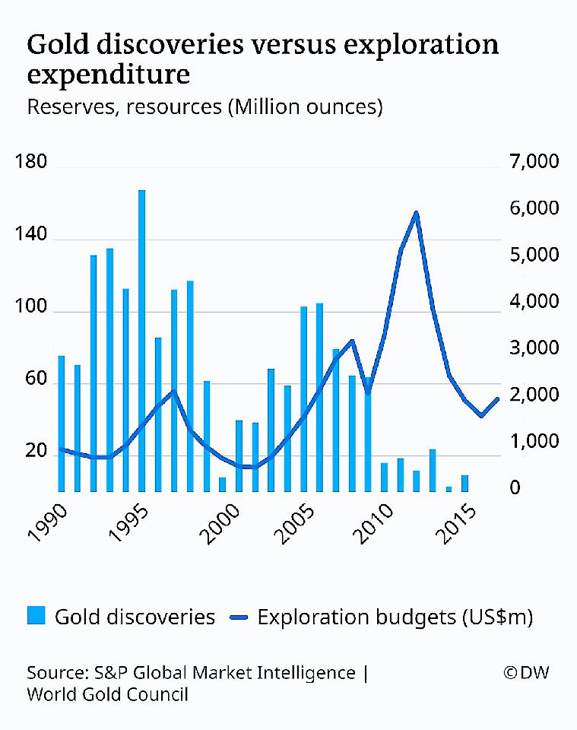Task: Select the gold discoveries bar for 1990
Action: coord(62,423)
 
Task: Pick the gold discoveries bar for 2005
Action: coord(304,398)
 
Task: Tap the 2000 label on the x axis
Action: coord(227,520)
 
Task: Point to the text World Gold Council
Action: coord(107,694)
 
